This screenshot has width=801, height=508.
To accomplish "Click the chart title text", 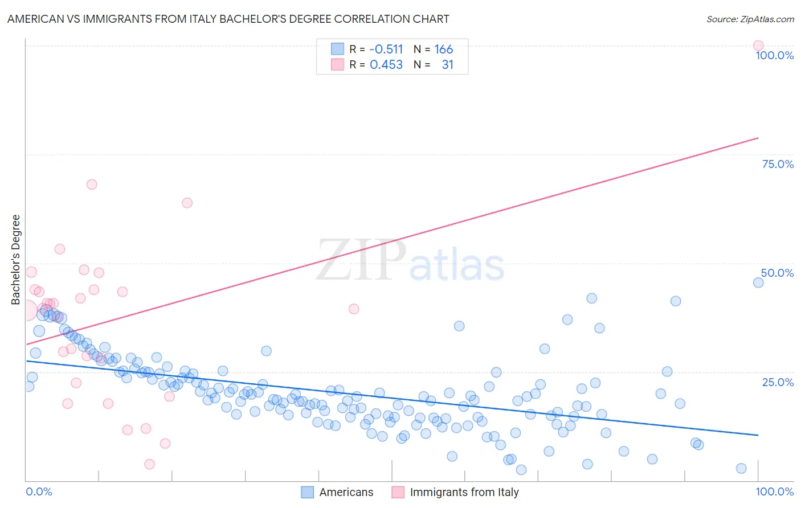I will (x=228, y=19).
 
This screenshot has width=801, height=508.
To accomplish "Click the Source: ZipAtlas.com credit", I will (x=750, y=19).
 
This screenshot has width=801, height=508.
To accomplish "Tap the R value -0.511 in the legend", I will (x=386, y=50).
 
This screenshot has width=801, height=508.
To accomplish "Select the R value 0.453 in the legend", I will (x=386, y=65).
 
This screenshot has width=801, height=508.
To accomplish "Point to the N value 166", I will (x=443, y=50).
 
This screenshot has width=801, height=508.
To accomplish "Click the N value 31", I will (x=447, y=65).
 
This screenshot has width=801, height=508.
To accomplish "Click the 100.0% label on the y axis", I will (x=774, y=55).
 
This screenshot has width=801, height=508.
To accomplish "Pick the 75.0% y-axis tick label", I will (x=778, y=164).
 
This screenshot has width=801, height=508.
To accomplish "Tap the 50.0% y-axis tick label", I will (x=777, y=273).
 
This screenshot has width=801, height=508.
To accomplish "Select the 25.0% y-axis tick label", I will (x=778, y=382).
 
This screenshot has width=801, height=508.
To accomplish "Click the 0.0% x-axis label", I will (x=39, y=491).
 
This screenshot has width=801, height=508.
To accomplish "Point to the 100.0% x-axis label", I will (x=774, y=491).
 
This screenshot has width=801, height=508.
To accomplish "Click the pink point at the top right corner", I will (x=758, y=46).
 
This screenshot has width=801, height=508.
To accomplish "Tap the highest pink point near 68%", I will (x=92, y=185).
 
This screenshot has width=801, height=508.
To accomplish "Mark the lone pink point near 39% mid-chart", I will (x=354, y=309).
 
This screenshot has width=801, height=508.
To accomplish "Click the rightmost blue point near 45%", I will (x=758, y=282).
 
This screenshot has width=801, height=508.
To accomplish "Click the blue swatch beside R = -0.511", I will (x=337, y=50).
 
